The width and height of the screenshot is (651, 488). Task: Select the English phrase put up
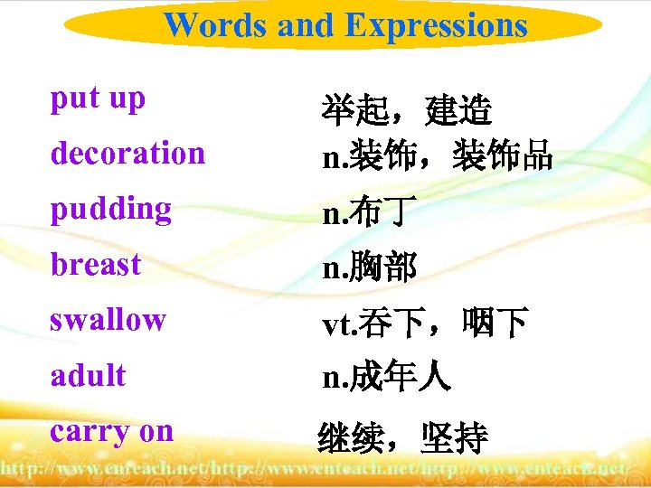(98, 99)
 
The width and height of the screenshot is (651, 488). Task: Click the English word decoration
(127, 154)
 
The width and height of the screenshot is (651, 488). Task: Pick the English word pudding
(110, 210)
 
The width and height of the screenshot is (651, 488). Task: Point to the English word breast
(96, 265)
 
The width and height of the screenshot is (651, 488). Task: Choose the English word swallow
(108, 320)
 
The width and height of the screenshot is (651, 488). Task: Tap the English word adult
(88, 375)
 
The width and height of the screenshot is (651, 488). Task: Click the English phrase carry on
(111, 431)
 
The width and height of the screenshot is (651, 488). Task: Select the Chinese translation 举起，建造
(407, 113)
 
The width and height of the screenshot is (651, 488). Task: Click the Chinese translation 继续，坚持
(402, 439)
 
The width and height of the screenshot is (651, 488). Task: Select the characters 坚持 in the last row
(455, 439)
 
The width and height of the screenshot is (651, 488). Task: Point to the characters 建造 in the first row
(458, 113)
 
